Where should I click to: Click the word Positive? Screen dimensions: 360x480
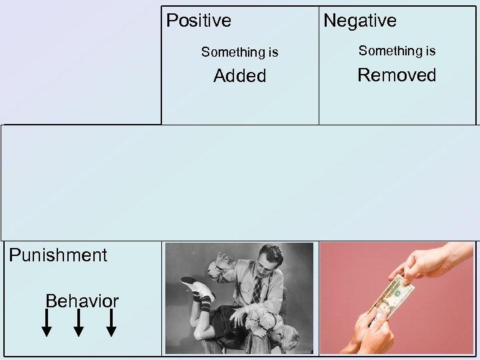199,21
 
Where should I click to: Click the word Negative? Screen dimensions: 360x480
359,21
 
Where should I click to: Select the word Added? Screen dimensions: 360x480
239,76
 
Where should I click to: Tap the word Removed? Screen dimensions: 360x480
397,75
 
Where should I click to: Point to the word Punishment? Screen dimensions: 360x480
57,255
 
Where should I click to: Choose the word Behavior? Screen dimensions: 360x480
81,301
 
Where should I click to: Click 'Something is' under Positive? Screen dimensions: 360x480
239,52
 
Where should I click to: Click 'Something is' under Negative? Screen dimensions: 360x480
397,51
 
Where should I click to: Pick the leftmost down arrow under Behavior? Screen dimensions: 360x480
47,323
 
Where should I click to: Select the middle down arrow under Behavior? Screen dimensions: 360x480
79,323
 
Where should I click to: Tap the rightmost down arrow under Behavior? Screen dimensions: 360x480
111,323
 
